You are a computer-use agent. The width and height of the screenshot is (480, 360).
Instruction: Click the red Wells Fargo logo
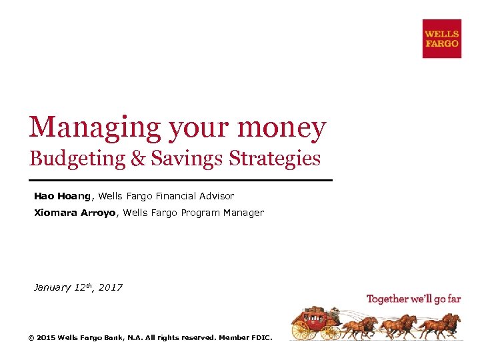click(441, 39)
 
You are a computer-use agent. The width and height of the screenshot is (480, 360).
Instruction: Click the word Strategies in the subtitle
click(274, 159)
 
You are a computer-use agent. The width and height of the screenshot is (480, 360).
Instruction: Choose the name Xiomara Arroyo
click(75, 213)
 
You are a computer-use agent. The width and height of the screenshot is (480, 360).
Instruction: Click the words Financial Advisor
click(195, 196)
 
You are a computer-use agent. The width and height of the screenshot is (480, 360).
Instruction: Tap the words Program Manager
click(222, 213)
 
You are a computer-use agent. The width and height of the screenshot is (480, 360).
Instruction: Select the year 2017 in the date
click(111, 287)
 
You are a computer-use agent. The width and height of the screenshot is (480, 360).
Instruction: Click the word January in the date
click(52, 287)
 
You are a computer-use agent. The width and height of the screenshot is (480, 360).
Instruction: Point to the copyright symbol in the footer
click(31, 338)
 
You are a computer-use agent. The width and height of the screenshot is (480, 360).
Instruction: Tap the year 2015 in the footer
click(46, 338)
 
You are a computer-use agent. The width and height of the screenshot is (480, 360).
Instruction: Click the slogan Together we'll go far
click(413, 299)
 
